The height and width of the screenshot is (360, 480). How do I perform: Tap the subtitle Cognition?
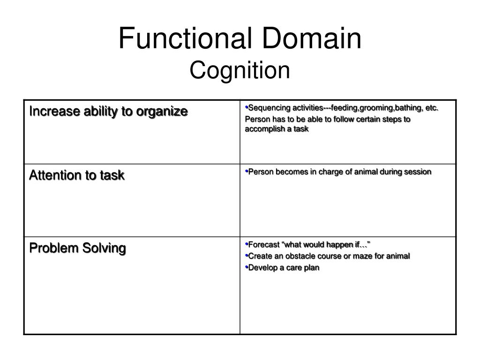[240, 70]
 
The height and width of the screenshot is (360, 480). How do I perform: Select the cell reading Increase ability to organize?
[108, 112]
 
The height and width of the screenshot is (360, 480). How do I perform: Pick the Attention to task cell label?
[77, 175]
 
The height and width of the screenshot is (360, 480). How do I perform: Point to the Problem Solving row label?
[77, 247]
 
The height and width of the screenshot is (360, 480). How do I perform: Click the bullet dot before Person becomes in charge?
[246, 171]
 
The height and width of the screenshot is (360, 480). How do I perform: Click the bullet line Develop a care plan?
[283, 268]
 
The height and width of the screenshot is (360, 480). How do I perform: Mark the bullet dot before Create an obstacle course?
[246, 255]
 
